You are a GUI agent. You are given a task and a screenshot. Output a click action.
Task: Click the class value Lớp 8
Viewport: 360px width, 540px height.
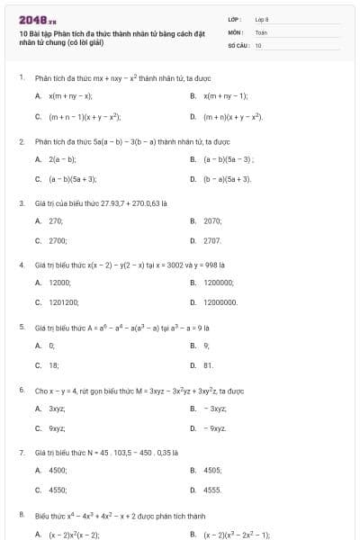point(262,19)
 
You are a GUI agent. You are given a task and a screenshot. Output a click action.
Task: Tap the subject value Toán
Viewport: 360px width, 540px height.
point(261,31)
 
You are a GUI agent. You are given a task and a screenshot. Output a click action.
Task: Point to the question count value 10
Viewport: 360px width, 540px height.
point(258,44)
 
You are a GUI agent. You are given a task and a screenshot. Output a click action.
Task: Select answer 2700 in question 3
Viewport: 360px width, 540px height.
point(57,240)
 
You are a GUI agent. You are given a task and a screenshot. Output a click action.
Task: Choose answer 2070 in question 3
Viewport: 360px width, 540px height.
point(212,220)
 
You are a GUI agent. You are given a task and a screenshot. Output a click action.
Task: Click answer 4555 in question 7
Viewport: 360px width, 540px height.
point(212,490)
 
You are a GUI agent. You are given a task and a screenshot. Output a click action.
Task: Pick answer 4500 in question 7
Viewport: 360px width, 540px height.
point(57,470)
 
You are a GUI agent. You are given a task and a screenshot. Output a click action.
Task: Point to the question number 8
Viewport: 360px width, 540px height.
point(21,515)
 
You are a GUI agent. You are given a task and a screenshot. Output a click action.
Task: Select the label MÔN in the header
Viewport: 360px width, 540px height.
point(236,31)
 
